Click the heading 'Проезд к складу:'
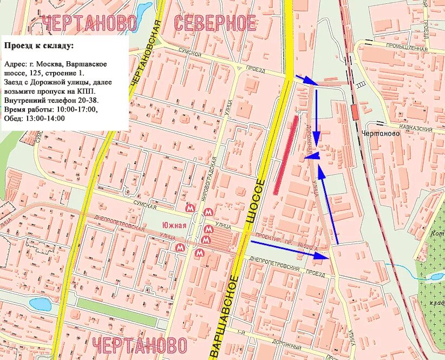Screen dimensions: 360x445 tap(39, 45)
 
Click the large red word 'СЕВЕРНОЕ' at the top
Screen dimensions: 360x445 tap(214, 23)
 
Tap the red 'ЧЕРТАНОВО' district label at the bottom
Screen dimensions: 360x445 tap(139, 345)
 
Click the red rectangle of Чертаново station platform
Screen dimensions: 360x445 tap(355, 112)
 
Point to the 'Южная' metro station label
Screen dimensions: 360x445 tap(174, 225)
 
